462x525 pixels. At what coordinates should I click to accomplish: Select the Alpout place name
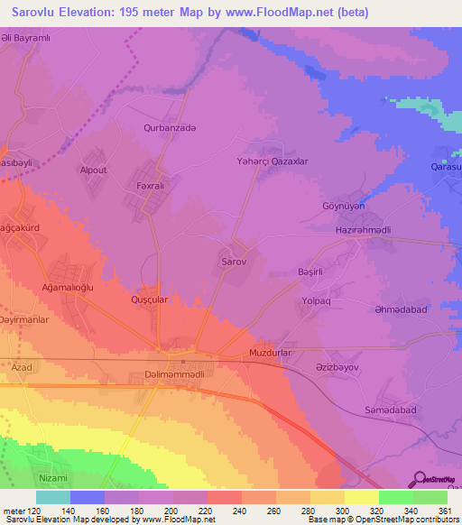click(94, 170)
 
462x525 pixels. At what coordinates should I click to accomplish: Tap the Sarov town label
click(234, 261)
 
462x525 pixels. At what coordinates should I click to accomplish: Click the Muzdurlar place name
click(272, 353)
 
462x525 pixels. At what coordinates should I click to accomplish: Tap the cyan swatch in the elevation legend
click(53, 497)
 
